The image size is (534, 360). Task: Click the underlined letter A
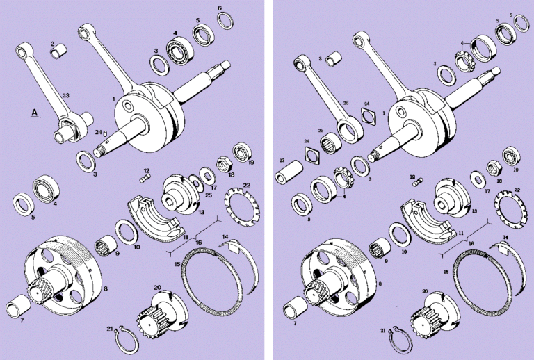tap(33, 112)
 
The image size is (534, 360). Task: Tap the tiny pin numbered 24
tap(106, 134)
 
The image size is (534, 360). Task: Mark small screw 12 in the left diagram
tap(145, 179)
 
